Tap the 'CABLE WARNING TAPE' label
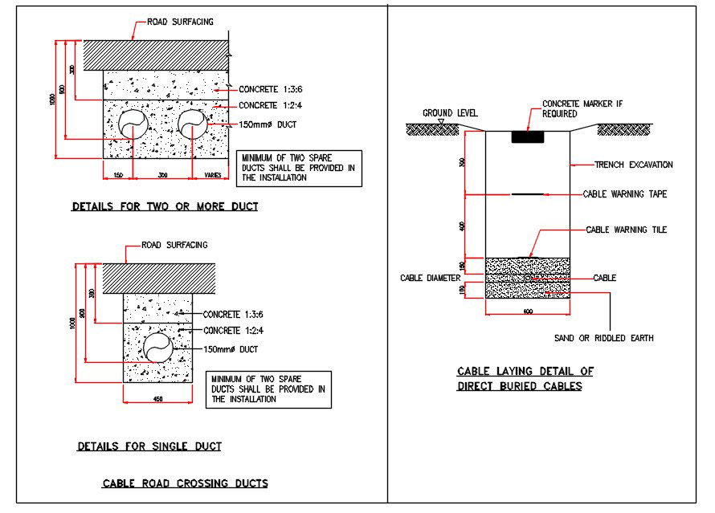(x=625, y=194)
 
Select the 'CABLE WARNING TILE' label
(x=626, y=230)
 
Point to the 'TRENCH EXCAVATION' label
(x=633, y=165)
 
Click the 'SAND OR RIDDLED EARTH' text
(x=605, y=338)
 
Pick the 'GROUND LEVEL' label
(x=450, y=113)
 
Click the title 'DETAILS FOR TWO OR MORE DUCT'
(x=165, y=207)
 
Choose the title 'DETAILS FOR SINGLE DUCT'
(x=149, y=446)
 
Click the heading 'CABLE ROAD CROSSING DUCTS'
(x=185, y=483)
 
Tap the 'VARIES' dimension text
(x=213, y=175)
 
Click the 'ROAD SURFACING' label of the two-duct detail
(x=180, y=22)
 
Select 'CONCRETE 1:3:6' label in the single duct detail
(x=233, y=315)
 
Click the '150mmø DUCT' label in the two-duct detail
(x=268, y=125)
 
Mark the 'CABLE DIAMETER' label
(x=431, y=279)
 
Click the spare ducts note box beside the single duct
(x=268, y=389)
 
